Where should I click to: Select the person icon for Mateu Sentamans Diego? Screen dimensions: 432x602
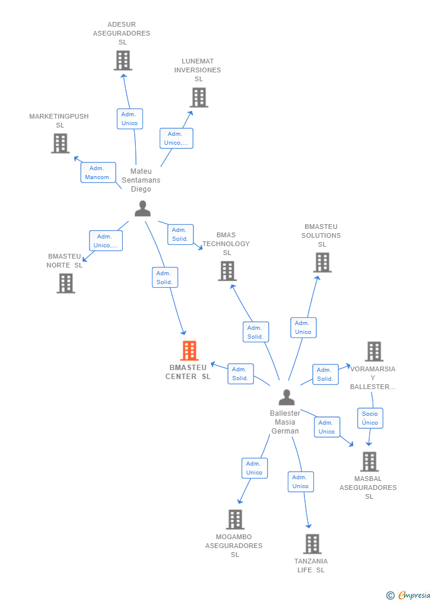142,209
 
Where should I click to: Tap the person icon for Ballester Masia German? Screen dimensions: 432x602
287,397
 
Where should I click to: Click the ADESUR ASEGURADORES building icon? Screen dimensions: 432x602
123,60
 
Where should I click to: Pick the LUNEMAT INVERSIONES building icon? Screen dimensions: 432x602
199,97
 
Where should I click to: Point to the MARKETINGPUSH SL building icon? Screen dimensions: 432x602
61,143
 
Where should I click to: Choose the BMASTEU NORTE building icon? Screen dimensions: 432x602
66,284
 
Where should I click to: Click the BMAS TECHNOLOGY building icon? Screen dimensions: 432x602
227,271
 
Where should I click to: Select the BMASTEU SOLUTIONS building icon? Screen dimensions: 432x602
322,263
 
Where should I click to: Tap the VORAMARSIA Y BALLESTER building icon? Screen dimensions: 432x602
374,351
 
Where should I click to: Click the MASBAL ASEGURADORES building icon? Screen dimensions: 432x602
370,461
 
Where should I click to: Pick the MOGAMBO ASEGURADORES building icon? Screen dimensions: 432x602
235,520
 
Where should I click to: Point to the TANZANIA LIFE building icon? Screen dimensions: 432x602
312,544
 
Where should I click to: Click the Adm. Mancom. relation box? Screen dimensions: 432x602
98,173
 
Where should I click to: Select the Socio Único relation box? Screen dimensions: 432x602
370,418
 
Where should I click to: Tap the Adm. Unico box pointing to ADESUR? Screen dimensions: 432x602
130,119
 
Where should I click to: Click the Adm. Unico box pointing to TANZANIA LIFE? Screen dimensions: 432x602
301,482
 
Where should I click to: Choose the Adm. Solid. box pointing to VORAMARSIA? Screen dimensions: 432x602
325,374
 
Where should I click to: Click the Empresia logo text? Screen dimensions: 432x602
414,595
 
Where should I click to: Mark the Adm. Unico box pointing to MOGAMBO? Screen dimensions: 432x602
255,468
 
